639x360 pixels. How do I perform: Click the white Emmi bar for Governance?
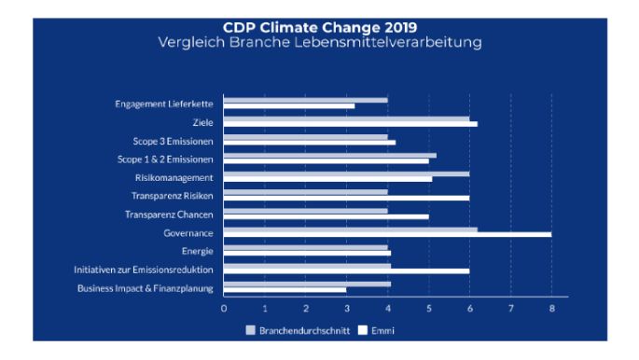point(387,234)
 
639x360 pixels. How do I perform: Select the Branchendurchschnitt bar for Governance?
point(350,228)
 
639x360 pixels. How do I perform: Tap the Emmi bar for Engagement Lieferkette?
point(289,105)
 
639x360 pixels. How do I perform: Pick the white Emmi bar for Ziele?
point(350,124)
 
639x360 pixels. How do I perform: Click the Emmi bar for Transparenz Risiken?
point(346,198)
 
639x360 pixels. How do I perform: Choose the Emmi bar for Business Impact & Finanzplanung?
point(285,289)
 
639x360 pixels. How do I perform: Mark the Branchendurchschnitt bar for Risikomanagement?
point(346,173)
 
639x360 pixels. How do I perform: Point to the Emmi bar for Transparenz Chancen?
point(326,215)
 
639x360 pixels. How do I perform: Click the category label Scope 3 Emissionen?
point(173,141)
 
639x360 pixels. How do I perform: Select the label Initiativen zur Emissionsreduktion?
point(144,270)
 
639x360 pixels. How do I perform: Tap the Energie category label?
point(198,251)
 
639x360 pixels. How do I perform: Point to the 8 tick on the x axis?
point(551,307)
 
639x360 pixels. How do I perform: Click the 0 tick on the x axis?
point(224,307)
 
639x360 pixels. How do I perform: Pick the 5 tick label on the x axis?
point(428,307)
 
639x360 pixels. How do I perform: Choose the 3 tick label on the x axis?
point(346,307)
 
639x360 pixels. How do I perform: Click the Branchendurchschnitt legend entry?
point(297,329)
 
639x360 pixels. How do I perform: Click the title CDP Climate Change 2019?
point(320,28)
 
